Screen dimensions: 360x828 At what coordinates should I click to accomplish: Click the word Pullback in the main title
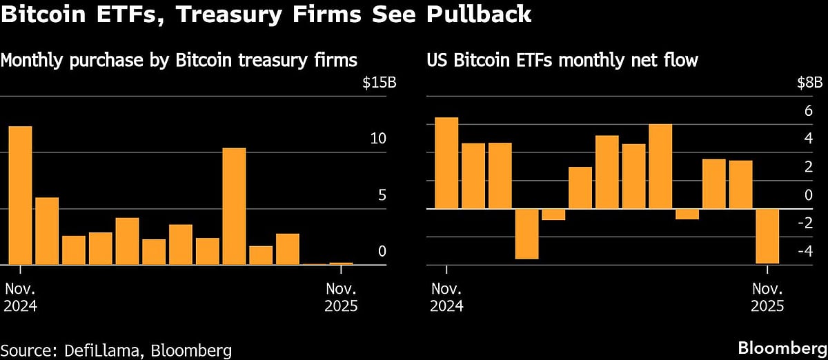point(477,14)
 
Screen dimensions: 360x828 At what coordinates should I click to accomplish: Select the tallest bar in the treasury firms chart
point(20,195)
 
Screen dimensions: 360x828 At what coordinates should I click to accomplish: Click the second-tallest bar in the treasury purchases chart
point(234,206)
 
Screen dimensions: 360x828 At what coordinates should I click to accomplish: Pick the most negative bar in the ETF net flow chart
point(767,236)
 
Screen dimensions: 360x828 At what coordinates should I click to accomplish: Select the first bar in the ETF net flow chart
point(446,163)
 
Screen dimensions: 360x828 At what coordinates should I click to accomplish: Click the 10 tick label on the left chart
point(378,139)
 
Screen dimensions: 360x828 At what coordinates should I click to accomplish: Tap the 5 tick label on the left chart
point(382,195)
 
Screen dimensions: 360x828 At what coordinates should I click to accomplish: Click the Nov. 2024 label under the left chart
point(21,297)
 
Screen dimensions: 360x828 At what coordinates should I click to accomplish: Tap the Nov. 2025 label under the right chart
point(768,297)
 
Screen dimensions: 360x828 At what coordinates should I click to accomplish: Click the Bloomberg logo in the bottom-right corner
point(782,346)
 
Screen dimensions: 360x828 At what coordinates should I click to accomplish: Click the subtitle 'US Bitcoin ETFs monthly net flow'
point(562,61)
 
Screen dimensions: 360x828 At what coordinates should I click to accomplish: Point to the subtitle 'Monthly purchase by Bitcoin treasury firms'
point(179,61)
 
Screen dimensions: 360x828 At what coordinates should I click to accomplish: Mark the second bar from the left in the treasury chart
point(47,231)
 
